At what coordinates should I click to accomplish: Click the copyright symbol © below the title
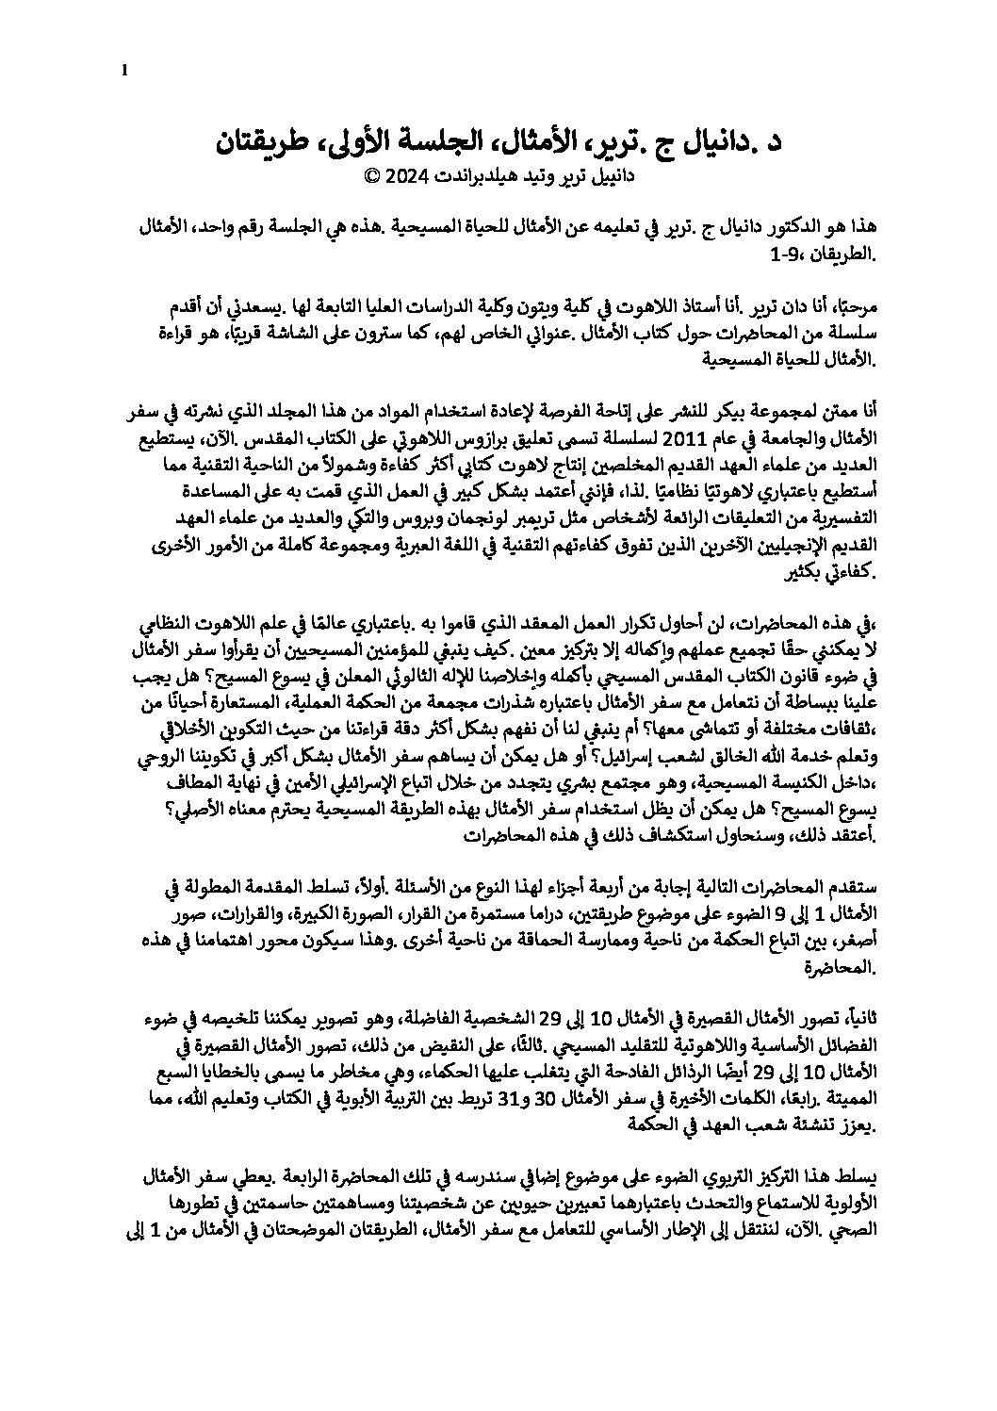coord(369,174)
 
